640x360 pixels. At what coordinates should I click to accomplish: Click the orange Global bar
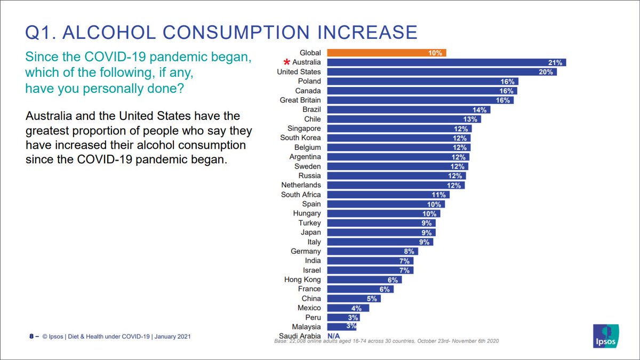point(386,53)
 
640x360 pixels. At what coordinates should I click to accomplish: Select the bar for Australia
point(446,62)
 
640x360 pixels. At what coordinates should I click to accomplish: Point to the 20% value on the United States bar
point(546,72)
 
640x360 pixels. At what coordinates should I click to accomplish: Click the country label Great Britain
point(300,100)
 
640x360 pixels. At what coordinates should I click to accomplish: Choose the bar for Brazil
point(408,109)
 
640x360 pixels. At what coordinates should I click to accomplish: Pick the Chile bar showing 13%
point(404,119)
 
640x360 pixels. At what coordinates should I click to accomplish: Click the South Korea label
point(300,138)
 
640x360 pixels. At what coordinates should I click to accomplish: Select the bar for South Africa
point(388,195)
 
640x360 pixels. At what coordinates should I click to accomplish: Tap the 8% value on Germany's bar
point(410,251)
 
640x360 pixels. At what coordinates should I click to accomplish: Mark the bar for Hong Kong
point(364,279)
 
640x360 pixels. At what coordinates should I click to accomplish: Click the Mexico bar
point(348,308)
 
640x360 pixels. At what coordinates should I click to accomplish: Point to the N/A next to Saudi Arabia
point(334,336)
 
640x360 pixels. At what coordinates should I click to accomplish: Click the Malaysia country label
point(306,326)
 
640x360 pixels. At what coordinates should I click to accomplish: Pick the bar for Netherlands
point(395,185)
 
